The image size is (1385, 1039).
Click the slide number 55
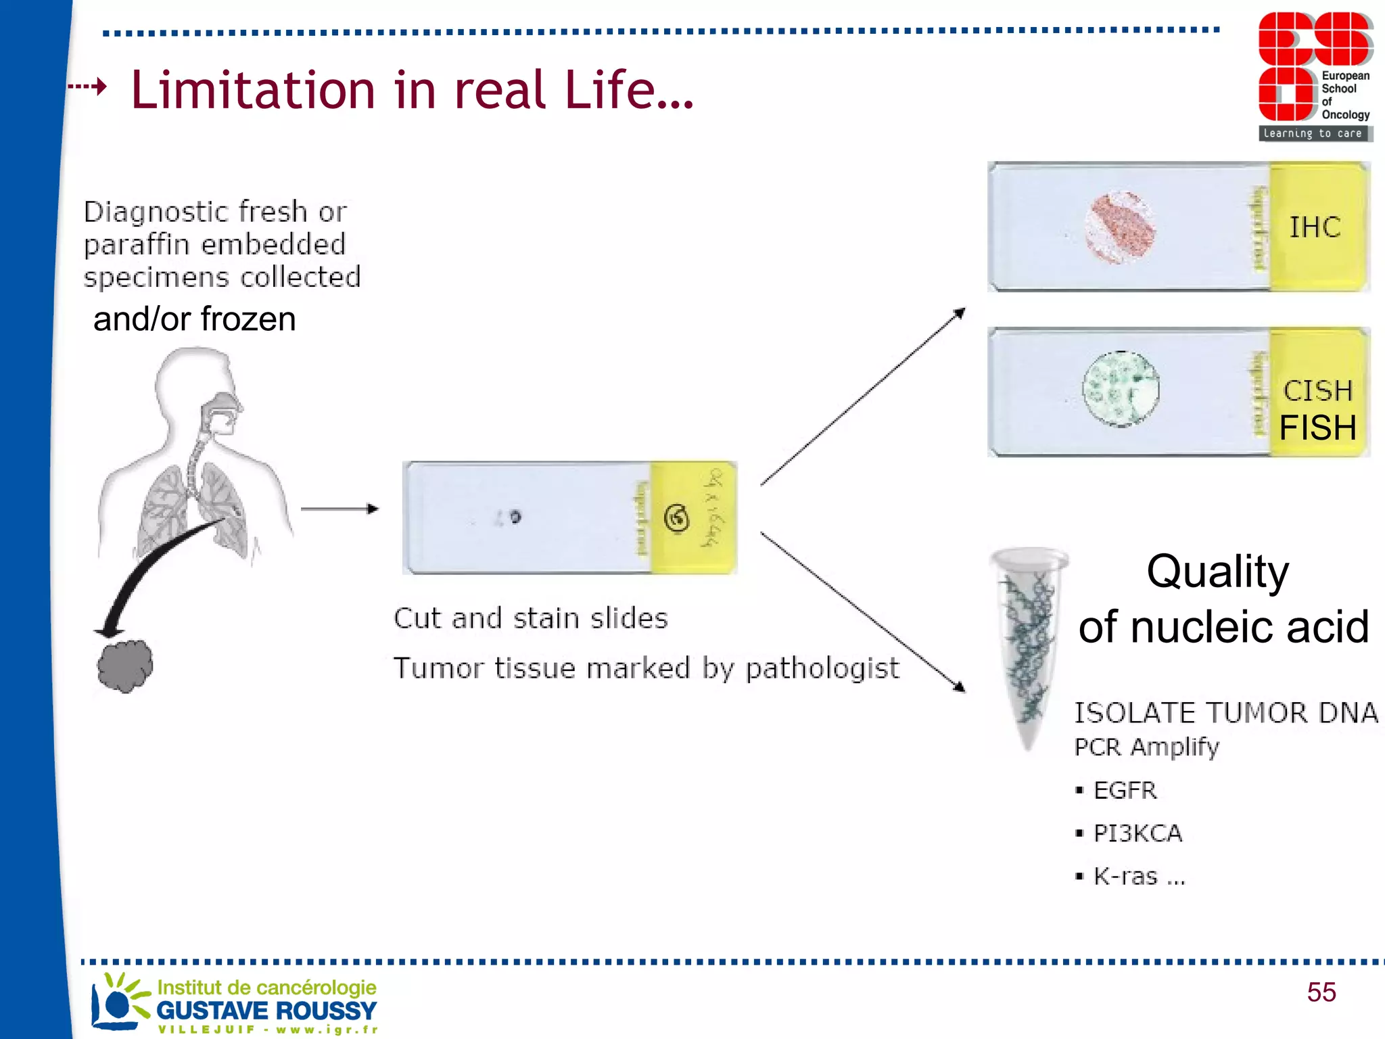[1321, 992]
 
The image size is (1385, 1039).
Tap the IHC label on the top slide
[1315, 227]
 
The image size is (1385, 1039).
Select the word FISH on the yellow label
[1317, 428]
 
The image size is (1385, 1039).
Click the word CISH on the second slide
[1317, 390]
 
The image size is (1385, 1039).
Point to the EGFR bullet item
[1125, 790]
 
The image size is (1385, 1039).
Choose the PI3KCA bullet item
[1137, 833]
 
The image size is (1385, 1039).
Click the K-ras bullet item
[1139, 877]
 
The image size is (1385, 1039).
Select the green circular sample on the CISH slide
[1121, 389]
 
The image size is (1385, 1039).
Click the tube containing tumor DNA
[1028, 643]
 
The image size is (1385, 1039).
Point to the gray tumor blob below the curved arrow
[125, 666]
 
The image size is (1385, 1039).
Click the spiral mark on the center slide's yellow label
[677, 519]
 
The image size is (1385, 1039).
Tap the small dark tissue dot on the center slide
[515, 517]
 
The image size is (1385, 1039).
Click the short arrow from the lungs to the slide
[339, 509]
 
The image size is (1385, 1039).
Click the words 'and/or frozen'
[194, 319]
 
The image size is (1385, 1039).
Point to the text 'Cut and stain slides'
[531, 618]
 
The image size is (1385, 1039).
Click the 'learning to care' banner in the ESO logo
[1313, 134]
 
